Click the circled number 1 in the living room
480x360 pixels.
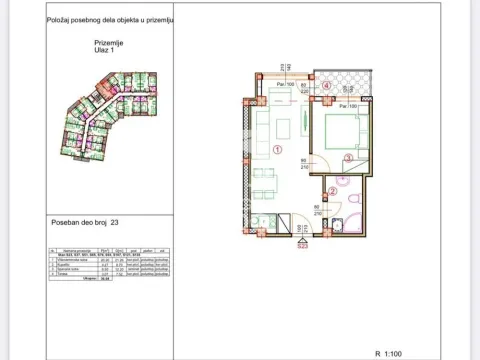276,150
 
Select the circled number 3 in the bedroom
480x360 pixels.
347,157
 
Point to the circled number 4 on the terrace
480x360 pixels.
327,86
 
